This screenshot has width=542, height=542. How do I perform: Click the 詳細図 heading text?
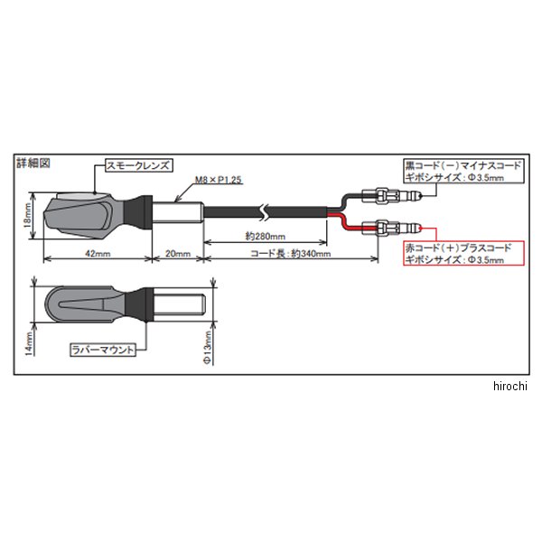click(x=33, y=164)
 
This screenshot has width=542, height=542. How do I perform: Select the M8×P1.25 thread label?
click(x=214, y=181)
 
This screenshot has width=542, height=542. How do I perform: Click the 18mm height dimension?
click(x=26, y=215)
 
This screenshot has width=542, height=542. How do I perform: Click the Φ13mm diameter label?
click(x=207, y=348)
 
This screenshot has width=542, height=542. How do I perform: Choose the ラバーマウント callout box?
click(x=104, y=346)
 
